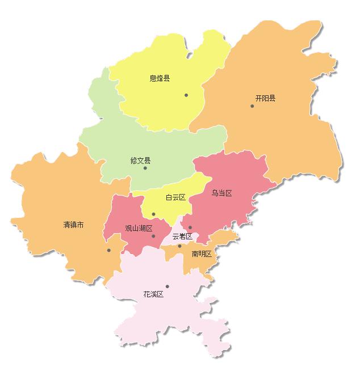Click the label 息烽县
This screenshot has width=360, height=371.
point(160,78)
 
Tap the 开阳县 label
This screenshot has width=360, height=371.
point(265,98)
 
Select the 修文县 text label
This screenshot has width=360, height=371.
point(140,161)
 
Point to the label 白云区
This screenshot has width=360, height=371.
point(175,197)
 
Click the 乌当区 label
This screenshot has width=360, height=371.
point(222,193)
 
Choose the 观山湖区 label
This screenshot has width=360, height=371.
point(139,229)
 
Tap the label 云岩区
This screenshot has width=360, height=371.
point(182,236)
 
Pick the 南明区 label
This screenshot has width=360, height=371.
point(202,254)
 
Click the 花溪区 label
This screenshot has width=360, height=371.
point(153,294)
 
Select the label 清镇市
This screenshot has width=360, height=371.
point(73,225)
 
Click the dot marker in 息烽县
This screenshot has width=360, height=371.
point(186,95)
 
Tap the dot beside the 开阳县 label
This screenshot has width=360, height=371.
point(252,106)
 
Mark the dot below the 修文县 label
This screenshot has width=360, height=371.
point(145,168)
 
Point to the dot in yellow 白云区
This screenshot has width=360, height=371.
point(153,214)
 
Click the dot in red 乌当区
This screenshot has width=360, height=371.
point(190,227)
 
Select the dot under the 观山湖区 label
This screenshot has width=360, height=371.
point(153,236)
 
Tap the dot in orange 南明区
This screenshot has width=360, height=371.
point(179,246)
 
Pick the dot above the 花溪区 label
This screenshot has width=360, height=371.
point(167,286)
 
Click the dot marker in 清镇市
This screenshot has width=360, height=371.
point(108,250)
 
